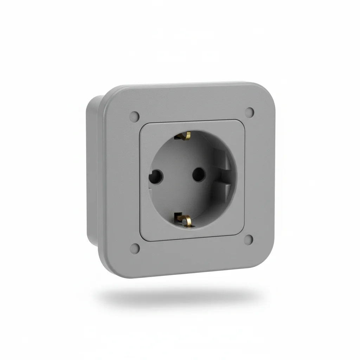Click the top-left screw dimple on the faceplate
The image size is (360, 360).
click(x=135, y=115)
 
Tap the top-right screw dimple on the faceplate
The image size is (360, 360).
click(x=250, y=112)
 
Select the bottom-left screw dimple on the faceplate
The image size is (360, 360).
click(x=135, y=249)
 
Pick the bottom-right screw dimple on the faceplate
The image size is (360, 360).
click(x=249, y=240)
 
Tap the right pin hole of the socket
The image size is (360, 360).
click(x=199, y=173)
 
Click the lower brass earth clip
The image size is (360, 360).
click(x=185, y=219)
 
